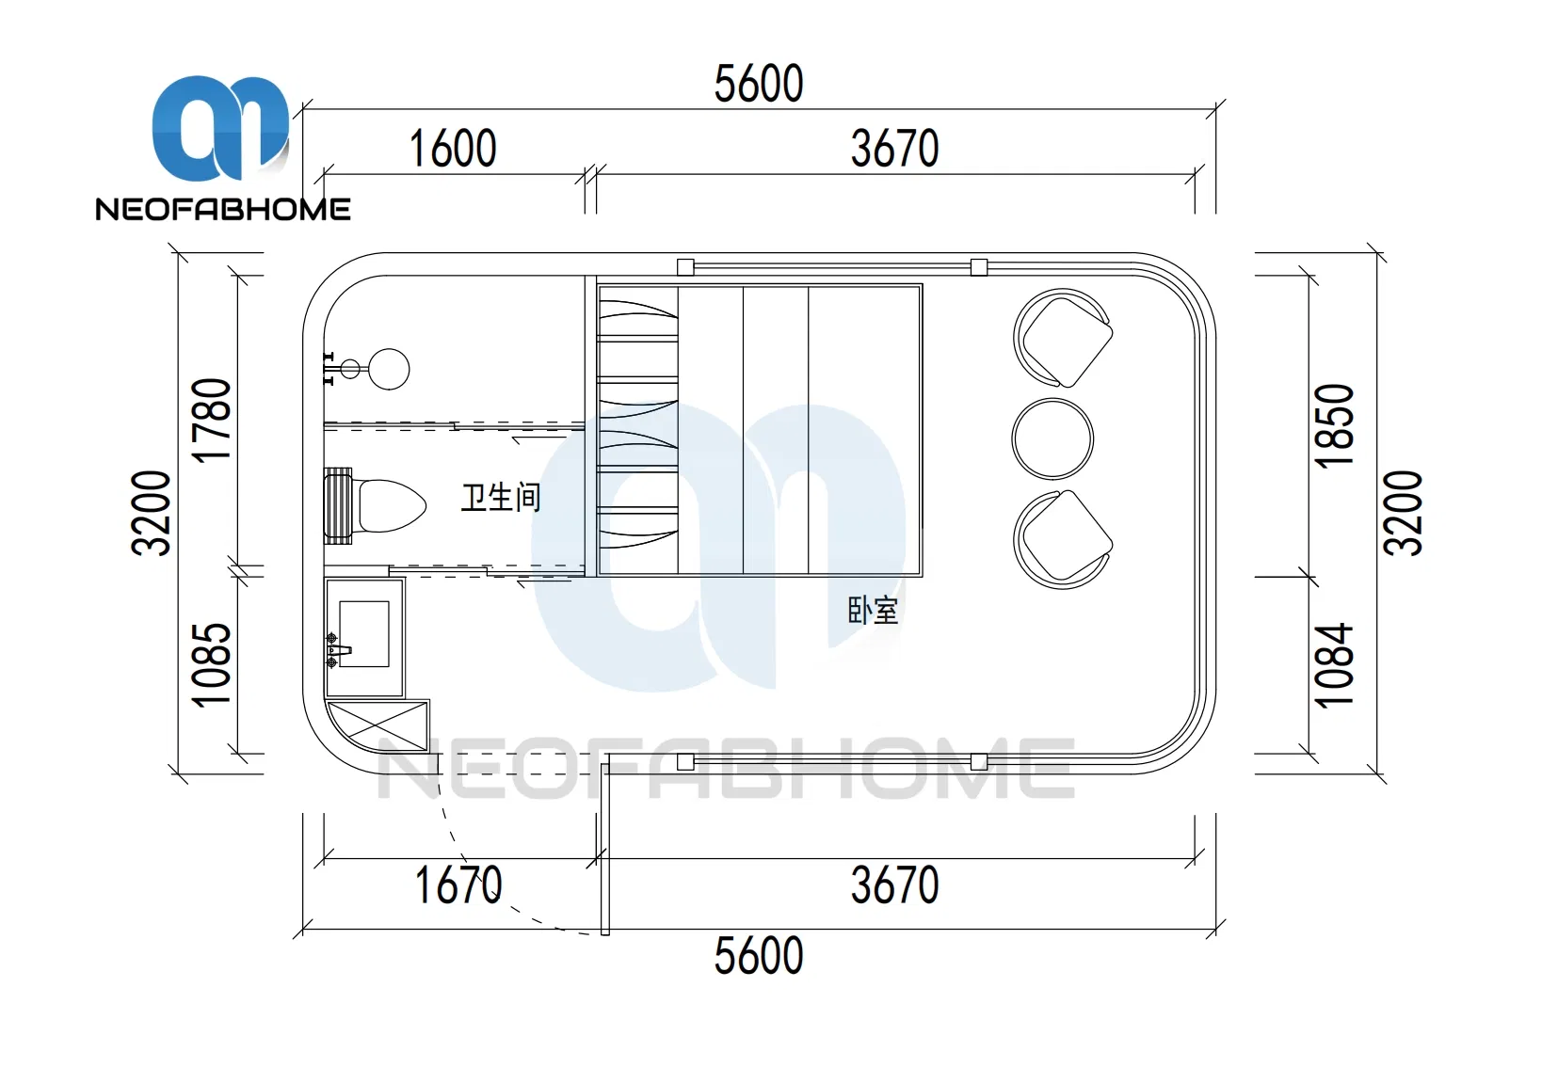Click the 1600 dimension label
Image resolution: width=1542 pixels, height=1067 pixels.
452,149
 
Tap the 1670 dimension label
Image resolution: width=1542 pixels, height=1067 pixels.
458,884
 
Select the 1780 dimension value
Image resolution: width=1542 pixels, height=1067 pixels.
211,421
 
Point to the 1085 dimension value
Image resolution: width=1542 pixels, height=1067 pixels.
211,665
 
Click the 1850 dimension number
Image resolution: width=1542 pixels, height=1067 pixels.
1334,426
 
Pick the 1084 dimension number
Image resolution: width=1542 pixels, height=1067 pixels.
1334,664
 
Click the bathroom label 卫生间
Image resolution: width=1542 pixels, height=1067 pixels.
501,498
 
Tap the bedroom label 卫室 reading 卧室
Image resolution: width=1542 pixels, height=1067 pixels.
873,611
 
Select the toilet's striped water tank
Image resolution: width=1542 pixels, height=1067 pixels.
338,506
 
